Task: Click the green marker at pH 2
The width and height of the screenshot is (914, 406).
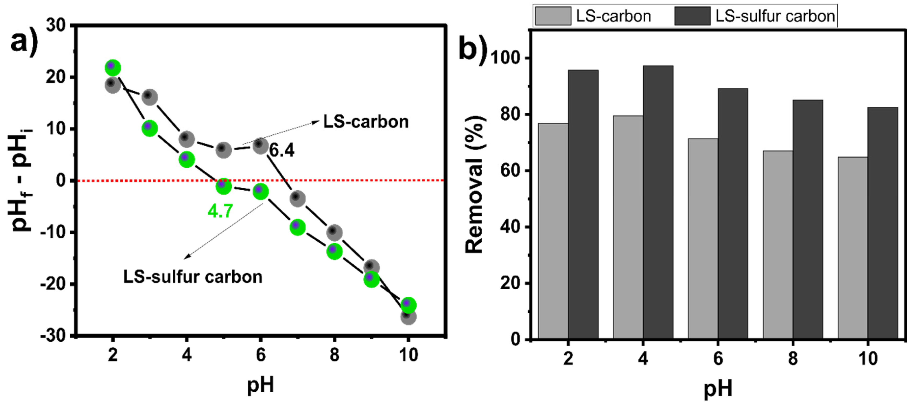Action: point(113,68)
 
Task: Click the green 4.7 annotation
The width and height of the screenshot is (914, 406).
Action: point(220,211)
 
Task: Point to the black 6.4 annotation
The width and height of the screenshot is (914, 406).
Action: point(282,150)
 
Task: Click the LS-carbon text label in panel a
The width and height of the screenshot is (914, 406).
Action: point(366,122)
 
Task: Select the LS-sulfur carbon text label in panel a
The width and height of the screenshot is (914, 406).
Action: point(193,277)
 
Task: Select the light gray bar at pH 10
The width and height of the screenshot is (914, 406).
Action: point(853,248)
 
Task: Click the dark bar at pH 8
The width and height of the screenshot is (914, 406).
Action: point(808,220)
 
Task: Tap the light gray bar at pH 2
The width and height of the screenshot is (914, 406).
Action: point(553,231)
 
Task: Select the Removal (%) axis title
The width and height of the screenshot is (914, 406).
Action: point(475,184)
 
